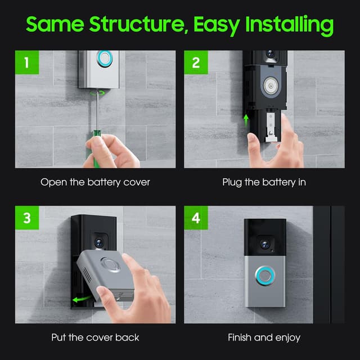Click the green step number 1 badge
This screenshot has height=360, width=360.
[27, 62]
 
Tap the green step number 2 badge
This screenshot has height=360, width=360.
[196, 62]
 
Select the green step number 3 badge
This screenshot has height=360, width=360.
[27, 218]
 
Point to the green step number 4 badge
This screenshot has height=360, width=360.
[196, 218]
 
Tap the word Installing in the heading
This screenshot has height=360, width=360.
[290, 25]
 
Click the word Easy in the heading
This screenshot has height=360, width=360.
[217, 26]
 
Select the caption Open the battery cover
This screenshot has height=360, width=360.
[95, 182]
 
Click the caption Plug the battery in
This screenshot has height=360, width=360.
[264, 182]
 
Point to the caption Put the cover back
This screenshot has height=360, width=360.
[95, 337]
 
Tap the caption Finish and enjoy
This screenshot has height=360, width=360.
[264, 337]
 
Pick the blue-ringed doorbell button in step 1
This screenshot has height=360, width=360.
[105, 58]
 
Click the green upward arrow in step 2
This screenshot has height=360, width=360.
[246, 120]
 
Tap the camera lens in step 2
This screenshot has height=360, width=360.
[271, 54]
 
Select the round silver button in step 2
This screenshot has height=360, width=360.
[271, 85]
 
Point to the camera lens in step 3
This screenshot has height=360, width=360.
[99, 242]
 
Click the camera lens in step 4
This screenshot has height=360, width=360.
[265, 245]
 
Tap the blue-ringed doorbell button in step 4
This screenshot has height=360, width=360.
[265, 276]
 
